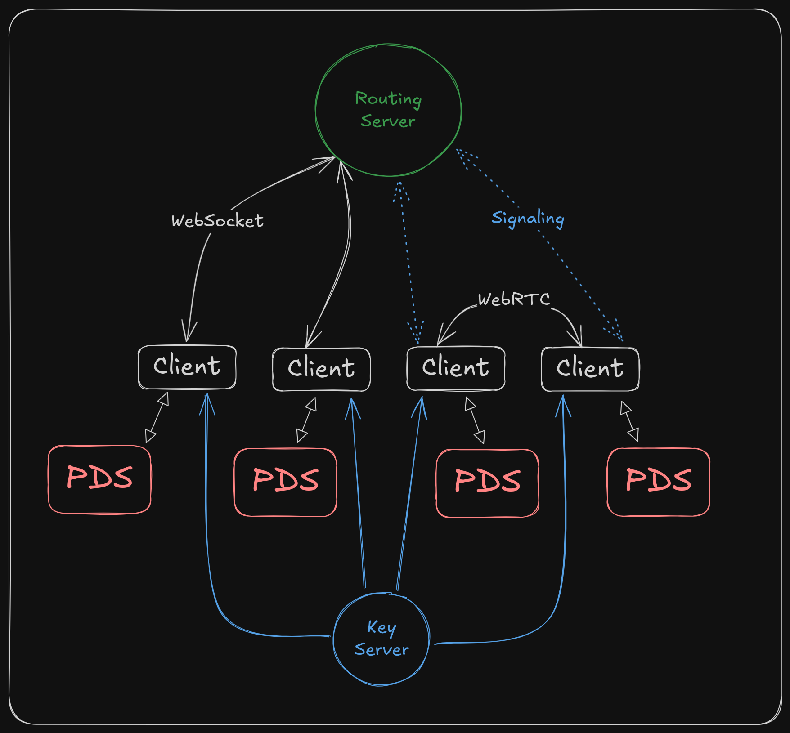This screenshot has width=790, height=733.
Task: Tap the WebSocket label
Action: click(x=217, y=221)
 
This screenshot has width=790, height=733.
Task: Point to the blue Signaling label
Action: click(x=527, y=219)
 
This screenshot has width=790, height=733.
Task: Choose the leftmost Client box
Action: click(x=187, y=367)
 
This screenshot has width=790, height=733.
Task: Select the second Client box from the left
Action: click(x=321, y=369)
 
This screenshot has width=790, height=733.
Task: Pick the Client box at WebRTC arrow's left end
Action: click(x=456, y=368)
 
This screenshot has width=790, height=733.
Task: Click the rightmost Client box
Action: click(x=590, y=369)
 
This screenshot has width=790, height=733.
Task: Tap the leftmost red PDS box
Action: click(x=99, y=479)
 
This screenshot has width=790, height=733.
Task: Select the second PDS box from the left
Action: click(x=285, y=482)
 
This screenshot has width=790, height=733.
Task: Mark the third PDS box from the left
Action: click(x=487, y=483)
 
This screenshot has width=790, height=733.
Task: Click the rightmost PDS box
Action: click(x=658, y=482)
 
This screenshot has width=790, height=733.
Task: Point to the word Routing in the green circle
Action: click(x=388, y=98)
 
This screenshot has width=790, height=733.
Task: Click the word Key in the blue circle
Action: click(x=382, y=627)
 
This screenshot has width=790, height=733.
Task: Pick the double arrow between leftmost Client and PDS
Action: click(x=157, y=418)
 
